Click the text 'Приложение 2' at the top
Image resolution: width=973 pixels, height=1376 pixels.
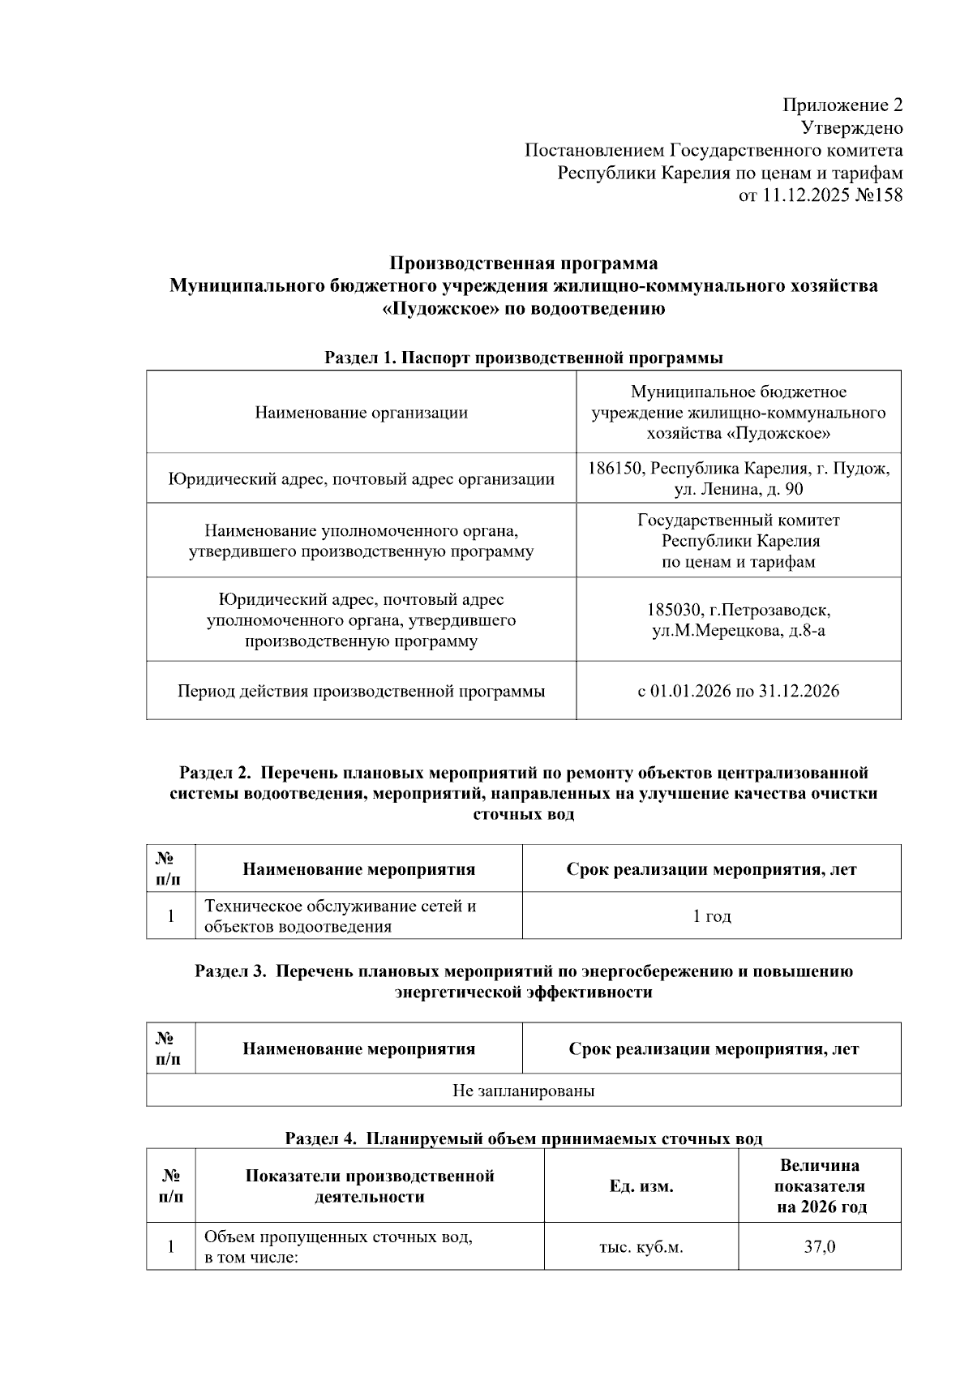(x=842, y=105)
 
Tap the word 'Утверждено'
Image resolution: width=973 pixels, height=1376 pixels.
(x=851, y=128)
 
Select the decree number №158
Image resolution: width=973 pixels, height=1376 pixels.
(x=878, y=195)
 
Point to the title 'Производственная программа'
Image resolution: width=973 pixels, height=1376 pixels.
(x=523, y=264)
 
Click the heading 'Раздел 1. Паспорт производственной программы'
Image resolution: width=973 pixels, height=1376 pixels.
(x=523, y=358)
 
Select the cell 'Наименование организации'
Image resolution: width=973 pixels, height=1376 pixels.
(x=361, y=413)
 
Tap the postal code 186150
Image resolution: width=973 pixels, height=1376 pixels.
(x=615, y=469)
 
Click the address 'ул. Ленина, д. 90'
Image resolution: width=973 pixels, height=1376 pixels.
(x=739, y=490)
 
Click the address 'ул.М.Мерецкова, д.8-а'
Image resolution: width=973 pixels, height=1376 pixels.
(x=739, y=630)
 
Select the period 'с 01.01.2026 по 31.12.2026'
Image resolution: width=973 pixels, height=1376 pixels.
(x=739, y=692)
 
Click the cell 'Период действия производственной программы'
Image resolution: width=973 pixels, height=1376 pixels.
(x=361, y=692)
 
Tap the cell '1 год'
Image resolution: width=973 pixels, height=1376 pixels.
(x=711, y=916)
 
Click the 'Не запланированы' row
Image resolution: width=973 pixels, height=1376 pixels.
(x=523, y=1091)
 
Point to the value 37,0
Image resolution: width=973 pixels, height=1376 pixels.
(x=819, y=1246)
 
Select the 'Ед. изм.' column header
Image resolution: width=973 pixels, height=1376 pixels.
(x=641, y=1186)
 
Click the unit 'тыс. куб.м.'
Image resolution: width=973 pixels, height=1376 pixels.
(x=641, y=1247)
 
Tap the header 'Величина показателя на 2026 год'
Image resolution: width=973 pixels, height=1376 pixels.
(x=819, y=1186)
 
